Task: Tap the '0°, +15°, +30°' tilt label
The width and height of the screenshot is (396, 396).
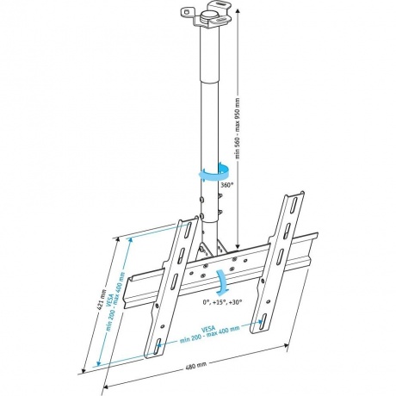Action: [222, 302]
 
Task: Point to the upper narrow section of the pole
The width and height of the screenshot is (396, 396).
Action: [207, 52]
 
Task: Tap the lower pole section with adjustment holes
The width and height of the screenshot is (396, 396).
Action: [207, 207]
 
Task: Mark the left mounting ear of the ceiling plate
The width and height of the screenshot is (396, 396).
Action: [187, 12]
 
